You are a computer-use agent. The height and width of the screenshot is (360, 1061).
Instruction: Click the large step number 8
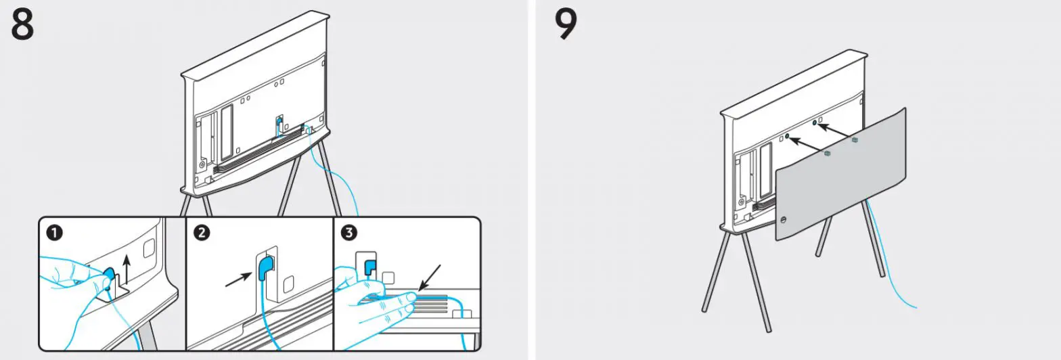(22, 25)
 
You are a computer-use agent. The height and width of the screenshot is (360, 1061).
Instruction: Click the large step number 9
(566, 25)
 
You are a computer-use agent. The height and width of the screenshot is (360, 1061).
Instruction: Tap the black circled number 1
(54, 233)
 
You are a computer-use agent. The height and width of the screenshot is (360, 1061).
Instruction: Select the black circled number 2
(201, 233)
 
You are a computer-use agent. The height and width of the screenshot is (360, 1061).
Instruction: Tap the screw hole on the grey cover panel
(785, 219)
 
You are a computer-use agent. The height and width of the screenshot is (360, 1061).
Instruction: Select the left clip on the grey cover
(827, 154)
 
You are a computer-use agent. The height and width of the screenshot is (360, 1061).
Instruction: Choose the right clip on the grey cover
(855, 140)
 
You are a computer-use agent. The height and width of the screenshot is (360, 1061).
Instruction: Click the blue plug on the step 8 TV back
(278, 123)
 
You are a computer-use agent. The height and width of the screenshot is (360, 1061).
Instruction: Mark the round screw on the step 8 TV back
(202, 163)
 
